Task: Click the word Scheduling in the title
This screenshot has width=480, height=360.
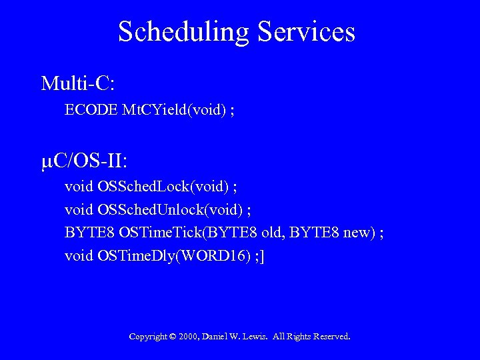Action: (x=184, y=32)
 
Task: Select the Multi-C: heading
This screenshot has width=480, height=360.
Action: (x=78, y=83)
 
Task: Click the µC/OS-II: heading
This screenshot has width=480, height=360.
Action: (x=85, y=161)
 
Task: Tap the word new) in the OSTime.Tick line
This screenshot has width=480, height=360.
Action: (x=358, y=233)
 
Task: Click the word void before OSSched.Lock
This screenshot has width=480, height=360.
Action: (x=79, y=187)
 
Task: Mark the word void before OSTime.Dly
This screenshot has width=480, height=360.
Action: (x=79, y=255)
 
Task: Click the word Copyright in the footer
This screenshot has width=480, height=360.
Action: (x=148, y=337)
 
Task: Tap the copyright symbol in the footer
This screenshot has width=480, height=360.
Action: (x=173, y=337)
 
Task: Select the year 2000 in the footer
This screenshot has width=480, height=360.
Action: (x=189, y=337)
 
